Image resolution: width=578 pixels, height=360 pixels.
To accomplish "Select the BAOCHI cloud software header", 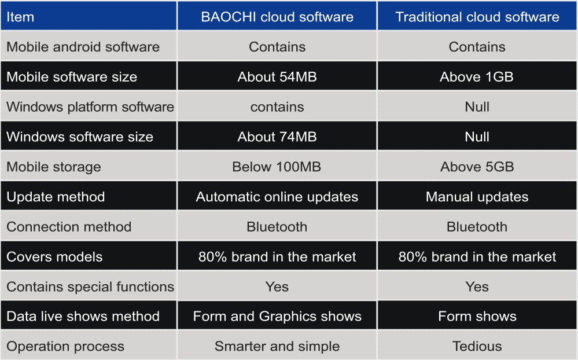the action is tap(277, 17).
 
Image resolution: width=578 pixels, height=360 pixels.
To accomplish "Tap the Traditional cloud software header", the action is tap(477, 17).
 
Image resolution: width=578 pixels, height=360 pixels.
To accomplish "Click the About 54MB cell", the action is tap(277, 77).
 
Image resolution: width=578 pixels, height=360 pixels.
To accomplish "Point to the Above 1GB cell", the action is tap(477, 77).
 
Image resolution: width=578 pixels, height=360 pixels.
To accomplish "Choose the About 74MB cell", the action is tap(277, 137).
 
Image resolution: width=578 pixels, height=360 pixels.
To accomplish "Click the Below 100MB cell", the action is tap(277, 167).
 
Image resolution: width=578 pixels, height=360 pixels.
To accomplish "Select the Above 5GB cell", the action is tap(477, 167).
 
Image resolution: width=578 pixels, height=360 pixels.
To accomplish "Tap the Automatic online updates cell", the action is tap(277, 197).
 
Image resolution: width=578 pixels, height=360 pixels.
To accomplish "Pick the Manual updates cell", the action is tap(477, 197).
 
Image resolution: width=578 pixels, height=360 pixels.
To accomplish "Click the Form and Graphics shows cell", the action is tap(277, 316).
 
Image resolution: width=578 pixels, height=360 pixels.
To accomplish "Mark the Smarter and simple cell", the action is tap(277, 346).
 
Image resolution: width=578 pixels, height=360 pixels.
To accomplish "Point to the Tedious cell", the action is tap(477, 346).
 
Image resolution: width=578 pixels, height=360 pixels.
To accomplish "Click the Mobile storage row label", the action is tap(54, 167).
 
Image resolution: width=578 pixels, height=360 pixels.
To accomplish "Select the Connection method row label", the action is tap(69, 227).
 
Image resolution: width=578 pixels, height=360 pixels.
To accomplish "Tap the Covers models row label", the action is tap(54, 257).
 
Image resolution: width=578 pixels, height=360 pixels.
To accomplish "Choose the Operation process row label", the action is tap(65, 346).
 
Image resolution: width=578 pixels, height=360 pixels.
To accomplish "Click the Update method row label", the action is tap(56, 197).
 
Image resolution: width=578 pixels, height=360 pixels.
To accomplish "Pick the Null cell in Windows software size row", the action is tap(477, 137).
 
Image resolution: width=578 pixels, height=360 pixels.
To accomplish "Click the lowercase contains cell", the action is tap(277, 107).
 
